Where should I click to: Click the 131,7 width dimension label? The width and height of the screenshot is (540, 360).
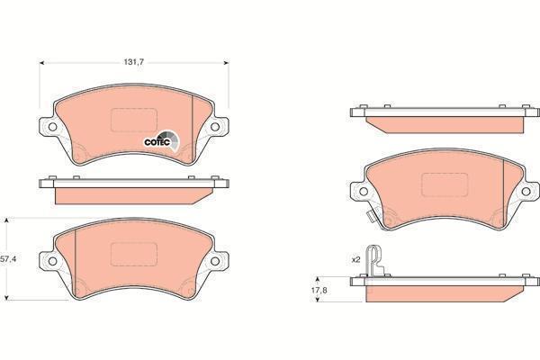pos(133,62)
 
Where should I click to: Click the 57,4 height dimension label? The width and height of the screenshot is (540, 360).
pos(8,259)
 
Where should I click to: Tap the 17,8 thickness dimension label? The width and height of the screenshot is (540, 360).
pos(319,290)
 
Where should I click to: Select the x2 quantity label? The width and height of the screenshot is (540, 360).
pos(355,259)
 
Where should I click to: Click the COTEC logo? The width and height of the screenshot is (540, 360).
pos(161,141)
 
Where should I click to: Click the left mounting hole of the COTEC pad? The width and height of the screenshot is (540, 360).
pos(52,127)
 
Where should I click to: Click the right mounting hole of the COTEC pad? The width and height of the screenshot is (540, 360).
pos(215,127)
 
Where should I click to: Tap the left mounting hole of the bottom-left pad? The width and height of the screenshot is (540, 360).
pos(52,261)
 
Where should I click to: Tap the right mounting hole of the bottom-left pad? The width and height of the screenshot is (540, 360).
pos(215,261)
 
